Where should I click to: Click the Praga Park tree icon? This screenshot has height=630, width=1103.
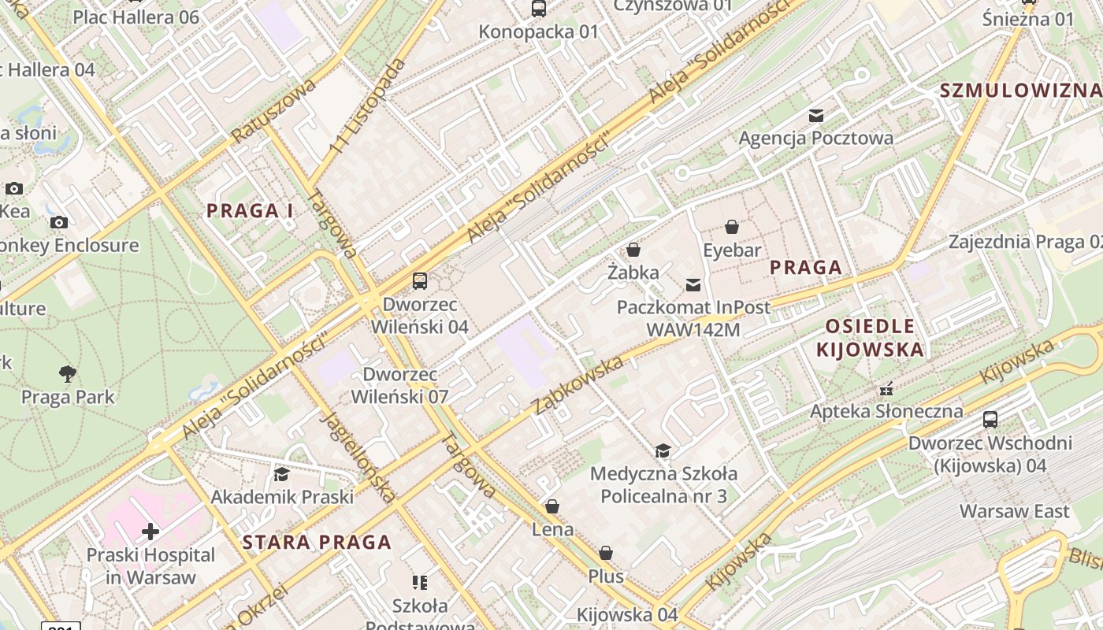coord(68,373)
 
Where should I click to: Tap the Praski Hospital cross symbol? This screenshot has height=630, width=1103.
coord(150,532)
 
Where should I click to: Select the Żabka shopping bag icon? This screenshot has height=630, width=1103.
coord(633,250)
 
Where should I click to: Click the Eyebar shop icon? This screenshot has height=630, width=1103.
coord(732,228)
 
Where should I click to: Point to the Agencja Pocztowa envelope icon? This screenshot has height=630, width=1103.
coord(816,116)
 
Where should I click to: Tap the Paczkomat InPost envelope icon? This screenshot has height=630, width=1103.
coord(693,284)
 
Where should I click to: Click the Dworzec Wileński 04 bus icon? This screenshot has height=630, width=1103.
coord(420,281)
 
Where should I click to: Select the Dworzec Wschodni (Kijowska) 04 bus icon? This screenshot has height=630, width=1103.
coord(990,420)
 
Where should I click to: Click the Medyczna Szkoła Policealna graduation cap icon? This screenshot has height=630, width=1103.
coord(663,450)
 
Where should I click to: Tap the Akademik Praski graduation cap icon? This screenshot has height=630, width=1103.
coord(281,474)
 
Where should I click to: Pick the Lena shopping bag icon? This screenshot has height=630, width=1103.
coord(552,506)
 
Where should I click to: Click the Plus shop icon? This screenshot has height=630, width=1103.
coord(606,554)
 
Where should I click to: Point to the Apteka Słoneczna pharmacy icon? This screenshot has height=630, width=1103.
coord(886,388)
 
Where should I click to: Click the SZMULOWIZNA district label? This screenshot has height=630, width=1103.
coord(1020,91)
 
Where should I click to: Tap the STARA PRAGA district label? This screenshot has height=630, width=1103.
coord(317,543)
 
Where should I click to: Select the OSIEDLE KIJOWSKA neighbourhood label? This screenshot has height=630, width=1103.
coord(870,338)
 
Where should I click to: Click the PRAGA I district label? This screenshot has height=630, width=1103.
coord(250,211)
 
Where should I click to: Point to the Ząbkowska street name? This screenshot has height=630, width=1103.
coord(578,385)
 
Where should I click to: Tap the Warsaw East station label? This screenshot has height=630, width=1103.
coord(1014,512)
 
